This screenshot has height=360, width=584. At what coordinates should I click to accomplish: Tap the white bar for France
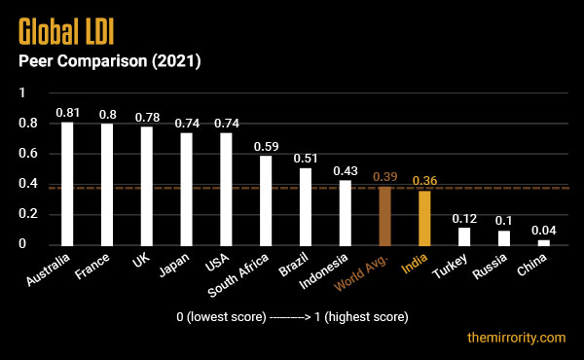[x=107, y=184]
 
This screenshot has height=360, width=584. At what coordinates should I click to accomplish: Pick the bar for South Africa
[x=266, y=199]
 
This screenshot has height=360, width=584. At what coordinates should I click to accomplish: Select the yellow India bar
[x=424, y=218]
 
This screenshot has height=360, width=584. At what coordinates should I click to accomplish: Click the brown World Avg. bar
[x=384, y=215]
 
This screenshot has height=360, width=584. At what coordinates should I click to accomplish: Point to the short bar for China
[x=543, y=241]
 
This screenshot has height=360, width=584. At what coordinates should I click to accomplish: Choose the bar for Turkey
[x=464, y=235]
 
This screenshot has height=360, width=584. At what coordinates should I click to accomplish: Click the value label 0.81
[x=67, y=113]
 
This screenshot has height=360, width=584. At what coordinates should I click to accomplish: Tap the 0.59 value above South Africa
[x=266, y=146]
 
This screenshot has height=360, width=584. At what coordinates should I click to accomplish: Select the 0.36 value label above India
[x=424, y=181]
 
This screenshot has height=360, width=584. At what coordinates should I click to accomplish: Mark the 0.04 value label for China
[x=543, y=231]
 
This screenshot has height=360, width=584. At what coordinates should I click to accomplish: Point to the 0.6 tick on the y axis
[x=28, y=154]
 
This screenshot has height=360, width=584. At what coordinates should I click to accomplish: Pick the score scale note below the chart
[x=292, y=317]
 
